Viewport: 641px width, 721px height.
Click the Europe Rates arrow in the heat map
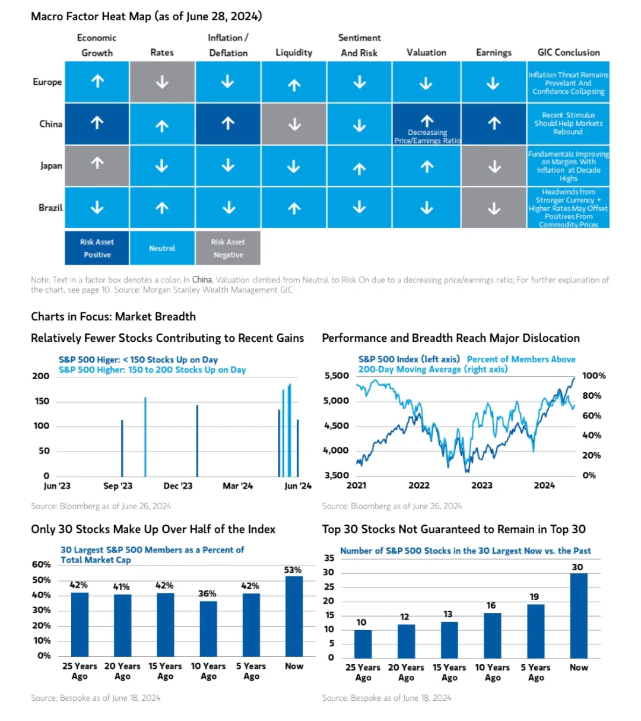pos(162,82)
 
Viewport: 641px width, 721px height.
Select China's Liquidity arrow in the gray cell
pos(294,124)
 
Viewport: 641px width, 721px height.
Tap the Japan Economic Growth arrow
pos(97,163)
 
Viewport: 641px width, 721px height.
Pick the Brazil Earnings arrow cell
pos(494,208)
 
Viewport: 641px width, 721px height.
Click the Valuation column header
pos(426,52)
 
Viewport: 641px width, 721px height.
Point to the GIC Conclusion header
pos(569,52)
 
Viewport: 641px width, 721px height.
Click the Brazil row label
pos(50,208)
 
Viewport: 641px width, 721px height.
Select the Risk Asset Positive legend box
pos(97,248)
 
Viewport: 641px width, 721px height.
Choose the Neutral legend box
pos(162,248)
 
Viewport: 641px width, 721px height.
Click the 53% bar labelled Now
pos(294,617)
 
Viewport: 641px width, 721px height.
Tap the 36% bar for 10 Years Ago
pos(208,629)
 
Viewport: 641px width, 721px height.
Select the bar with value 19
pos(535,631)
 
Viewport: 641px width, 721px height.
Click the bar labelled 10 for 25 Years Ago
pos(363,644)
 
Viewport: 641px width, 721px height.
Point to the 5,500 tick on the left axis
pos(337,376)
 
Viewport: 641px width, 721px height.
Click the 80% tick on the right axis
pos(591,395)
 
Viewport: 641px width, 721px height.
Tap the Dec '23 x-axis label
pos(177,486)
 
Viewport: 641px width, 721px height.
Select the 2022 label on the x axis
pos(419,485)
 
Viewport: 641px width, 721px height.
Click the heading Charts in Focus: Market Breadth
pos(113,316)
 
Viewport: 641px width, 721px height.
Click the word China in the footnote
pos(202,279)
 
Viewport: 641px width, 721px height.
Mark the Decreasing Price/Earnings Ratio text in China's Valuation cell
pos(427,136)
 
